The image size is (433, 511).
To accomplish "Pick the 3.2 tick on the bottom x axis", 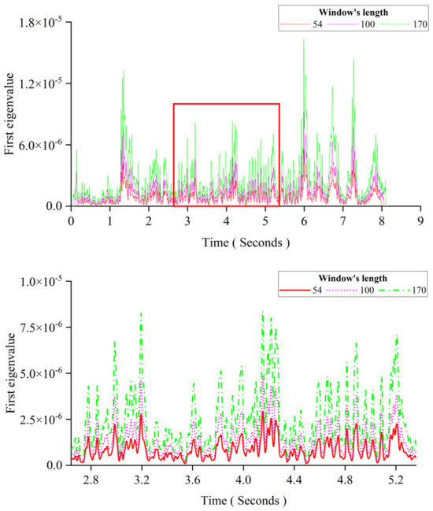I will [x=142, y=478].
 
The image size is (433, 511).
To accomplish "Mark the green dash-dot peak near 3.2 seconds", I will [x=141, y=313].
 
